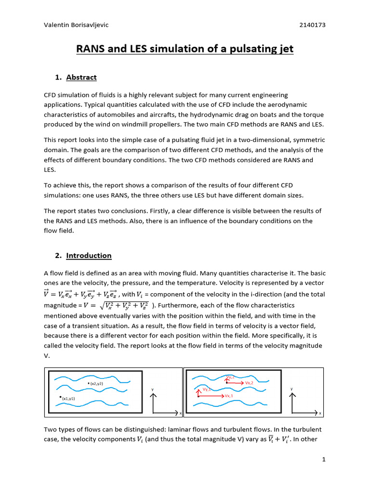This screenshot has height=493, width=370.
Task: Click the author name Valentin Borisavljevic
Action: tap(76, 25)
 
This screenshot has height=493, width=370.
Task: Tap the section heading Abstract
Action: tap(81, 77)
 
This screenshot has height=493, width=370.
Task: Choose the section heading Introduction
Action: tap(89, 255)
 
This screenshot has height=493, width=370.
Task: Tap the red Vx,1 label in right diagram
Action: tap(229, 395)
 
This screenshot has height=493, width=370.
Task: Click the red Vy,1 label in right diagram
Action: tap(206, 389)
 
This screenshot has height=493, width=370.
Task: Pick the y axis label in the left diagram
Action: tap(152, 389)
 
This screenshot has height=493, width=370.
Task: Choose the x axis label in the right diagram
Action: tap(320, 413)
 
